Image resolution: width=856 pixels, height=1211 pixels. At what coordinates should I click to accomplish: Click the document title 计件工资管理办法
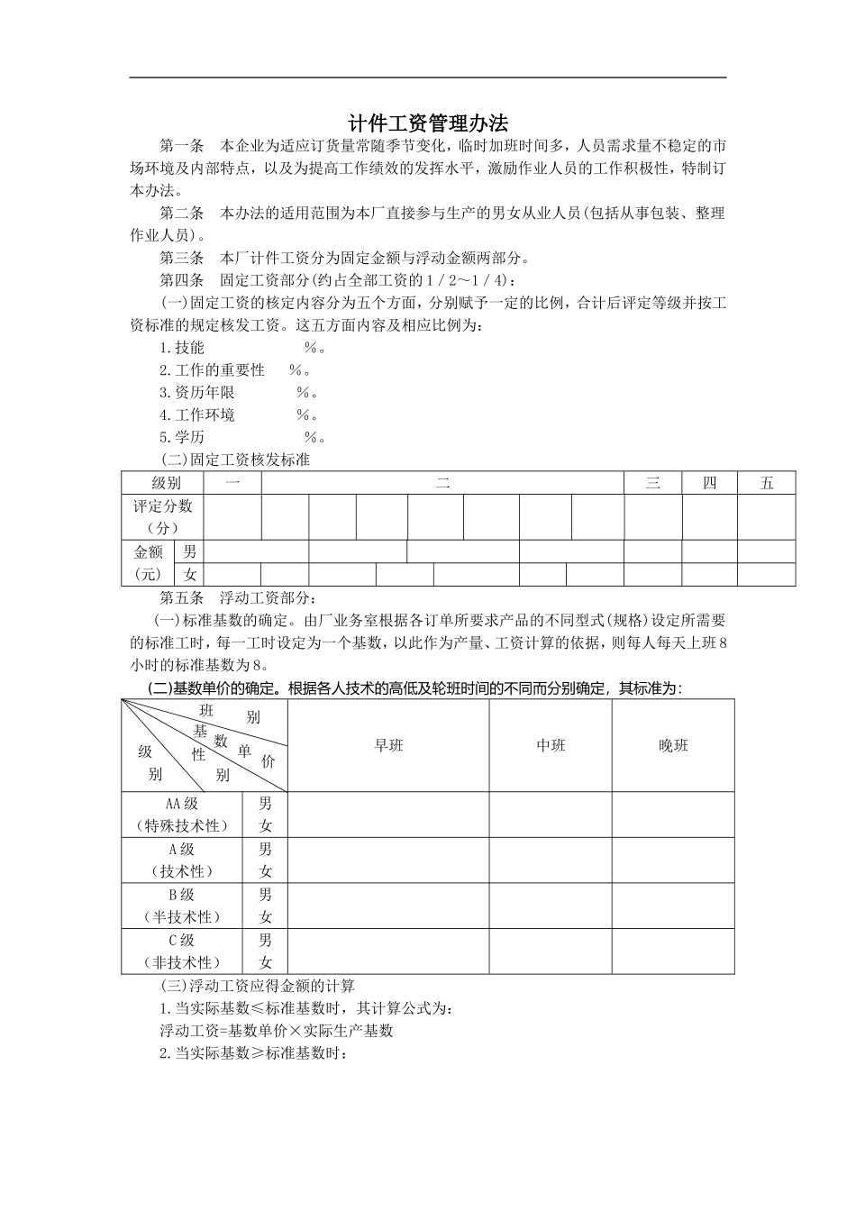point(428,123)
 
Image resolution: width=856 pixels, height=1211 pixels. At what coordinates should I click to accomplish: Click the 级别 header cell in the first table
point(166,483)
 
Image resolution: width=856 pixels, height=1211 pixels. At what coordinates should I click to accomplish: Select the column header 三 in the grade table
point(652,483)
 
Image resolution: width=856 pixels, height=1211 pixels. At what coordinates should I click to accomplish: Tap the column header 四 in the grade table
point(709,483)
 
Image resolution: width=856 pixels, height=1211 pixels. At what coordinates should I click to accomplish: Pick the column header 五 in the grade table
point(766,483)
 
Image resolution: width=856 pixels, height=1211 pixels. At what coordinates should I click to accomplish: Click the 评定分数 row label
point(163,517)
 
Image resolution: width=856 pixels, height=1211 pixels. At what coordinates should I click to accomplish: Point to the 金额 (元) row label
point(149,563)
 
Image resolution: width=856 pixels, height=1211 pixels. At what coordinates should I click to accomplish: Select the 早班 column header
point(388,746)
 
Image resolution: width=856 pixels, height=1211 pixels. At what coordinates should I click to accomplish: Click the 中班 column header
point(551,746)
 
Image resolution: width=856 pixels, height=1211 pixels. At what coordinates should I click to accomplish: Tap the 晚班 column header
point(673,746)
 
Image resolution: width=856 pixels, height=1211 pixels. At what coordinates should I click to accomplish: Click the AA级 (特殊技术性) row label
point(182,815)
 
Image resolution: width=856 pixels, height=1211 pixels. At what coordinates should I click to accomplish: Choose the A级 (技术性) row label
point(182,860)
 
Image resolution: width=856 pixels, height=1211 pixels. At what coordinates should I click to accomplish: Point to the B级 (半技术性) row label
point(182,906)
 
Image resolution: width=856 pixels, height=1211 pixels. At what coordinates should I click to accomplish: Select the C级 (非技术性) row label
point(182,951)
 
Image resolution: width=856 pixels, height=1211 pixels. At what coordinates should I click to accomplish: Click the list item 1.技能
point(182,348)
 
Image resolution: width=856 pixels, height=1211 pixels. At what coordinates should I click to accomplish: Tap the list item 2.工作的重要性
point(213,370)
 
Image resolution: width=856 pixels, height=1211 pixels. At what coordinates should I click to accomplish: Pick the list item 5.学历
point(182,438)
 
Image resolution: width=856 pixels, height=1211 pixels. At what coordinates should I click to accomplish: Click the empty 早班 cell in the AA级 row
point(388,815)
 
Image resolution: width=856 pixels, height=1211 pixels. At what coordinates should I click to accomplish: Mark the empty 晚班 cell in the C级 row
point(673,951)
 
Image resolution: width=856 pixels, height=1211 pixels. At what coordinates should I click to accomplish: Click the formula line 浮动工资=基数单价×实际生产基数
point(277,1031)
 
